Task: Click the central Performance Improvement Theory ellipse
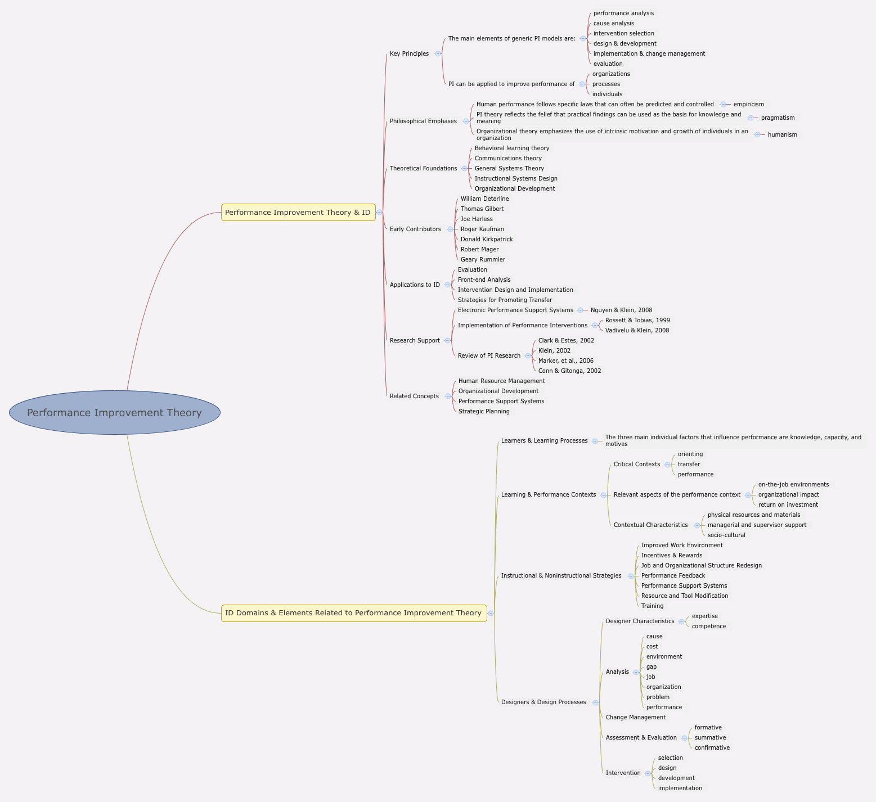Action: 115,413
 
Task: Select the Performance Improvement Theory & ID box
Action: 298,213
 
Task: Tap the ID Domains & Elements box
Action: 353,613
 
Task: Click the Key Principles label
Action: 409,54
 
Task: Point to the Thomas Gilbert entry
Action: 482,209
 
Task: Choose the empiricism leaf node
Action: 749,105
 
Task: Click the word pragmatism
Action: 778,118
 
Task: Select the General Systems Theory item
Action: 509,169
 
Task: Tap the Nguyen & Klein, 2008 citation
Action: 621,310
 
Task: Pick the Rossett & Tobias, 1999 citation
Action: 637,321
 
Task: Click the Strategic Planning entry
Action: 484,412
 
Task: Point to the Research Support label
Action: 415,341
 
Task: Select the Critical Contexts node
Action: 637,465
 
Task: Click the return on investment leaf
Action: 788,505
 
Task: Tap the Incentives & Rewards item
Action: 672,556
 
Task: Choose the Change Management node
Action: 635,718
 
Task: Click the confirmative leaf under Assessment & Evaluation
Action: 712,748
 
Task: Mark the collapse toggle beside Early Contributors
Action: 450,229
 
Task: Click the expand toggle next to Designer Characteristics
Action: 682,621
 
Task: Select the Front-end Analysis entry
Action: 484,280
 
